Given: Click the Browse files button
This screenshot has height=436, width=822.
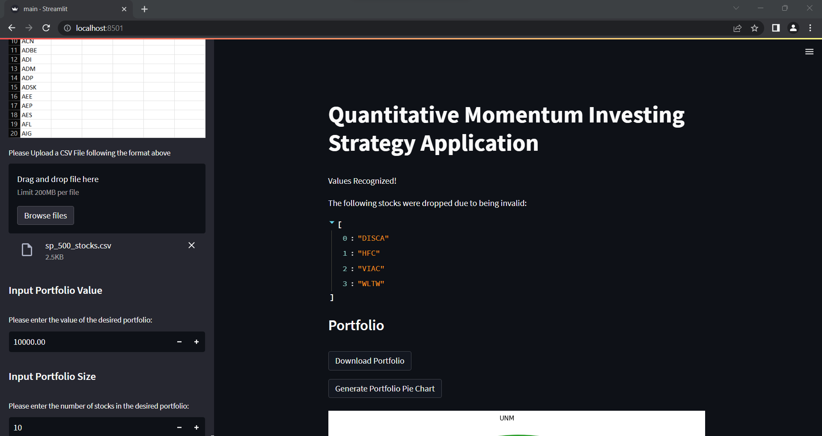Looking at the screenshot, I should coord(45,215).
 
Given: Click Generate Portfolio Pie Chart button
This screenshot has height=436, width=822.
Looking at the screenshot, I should coord(384,388).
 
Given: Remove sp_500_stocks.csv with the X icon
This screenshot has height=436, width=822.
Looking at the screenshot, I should coord(191,245).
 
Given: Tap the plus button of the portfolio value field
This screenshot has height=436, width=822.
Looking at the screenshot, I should coord(197,342).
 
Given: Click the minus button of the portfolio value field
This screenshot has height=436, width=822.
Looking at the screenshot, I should coord(179,342).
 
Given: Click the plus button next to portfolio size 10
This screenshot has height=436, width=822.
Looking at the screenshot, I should coord(197,427).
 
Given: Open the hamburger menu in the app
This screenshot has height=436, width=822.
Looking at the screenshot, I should coord(809,52).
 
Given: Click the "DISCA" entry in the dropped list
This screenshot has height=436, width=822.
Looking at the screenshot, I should coord(373,238).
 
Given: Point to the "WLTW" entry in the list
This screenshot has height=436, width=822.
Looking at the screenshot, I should coord(371,284).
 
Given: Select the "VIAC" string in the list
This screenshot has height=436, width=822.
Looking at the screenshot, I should coord(371,269).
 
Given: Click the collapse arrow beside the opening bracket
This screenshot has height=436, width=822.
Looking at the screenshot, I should coord(332,222).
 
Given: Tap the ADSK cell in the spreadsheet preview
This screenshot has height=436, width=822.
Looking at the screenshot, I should coord(29,87).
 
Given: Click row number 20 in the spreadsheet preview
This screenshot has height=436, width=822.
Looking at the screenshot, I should coord(14,134).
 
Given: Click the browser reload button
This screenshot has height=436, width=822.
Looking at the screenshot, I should coord(46,28).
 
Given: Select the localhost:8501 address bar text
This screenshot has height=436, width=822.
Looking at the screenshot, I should coord(99,28).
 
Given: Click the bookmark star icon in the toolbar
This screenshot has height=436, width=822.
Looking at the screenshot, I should coord(754,28).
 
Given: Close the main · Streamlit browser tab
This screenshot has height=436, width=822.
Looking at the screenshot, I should coord(124,9).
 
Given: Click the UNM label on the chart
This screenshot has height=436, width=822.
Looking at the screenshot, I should coord(506,418).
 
